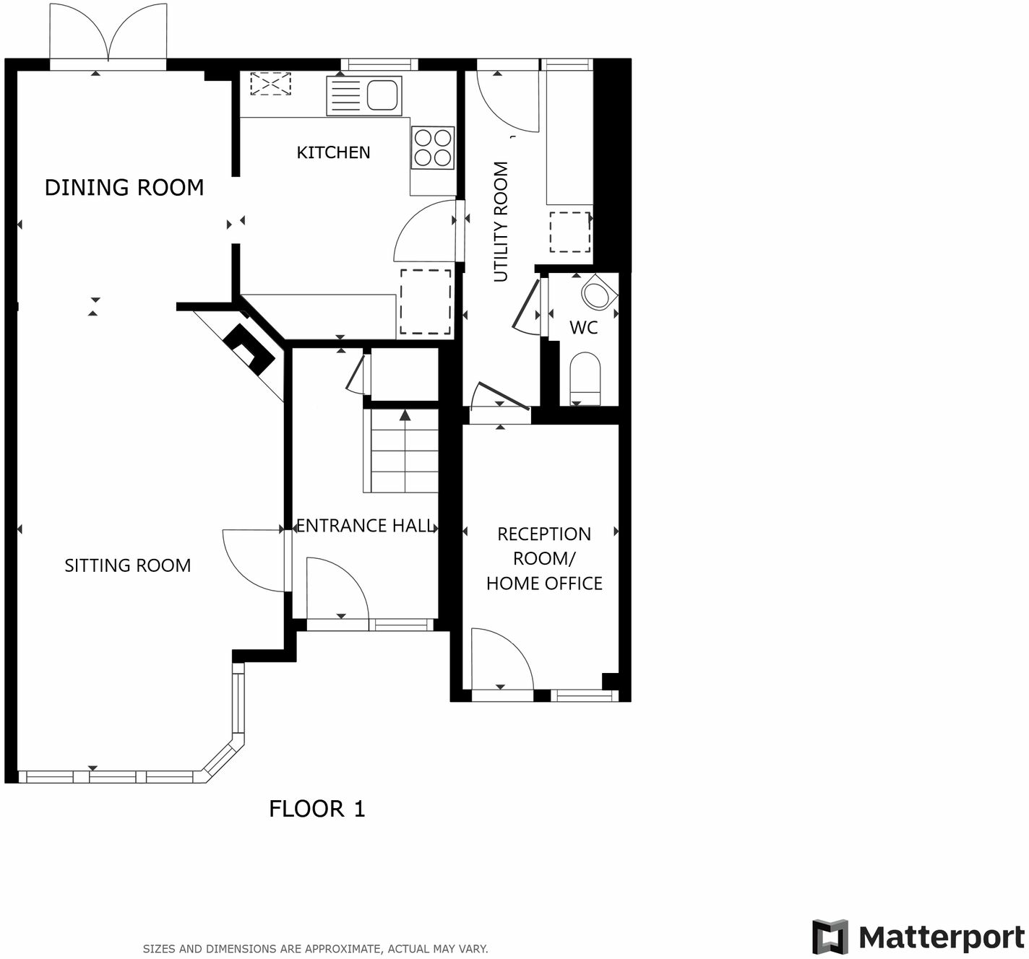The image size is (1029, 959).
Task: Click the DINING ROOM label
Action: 124,188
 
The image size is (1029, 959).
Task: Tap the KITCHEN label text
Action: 333,152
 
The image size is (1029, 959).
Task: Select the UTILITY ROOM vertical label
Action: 501,221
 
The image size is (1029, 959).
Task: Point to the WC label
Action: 583,328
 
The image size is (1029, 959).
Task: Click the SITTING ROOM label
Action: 128,565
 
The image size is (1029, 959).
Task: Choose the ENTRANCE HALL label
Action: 366,526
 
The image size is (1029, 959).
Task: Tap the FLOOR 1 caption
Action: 317,809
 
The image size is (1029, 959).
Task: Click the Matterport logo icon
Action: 830,937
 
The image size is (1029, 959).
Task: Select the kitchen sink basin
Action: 382,95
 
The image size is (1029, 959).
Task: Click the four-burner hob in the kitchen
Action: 433,147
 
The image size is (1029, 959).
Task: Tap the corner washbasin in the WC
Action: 598,294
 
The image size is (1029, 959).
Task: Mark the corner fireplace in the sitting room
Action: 249,348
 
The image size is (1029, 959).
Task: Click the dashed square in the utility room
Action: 570,232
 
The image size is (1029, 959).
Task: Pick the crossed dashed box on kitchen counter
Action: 270,84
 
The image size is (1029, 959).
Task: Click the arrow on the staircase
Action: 405,415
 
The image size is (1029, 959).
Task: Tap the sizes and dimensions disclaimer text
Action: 315,949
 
